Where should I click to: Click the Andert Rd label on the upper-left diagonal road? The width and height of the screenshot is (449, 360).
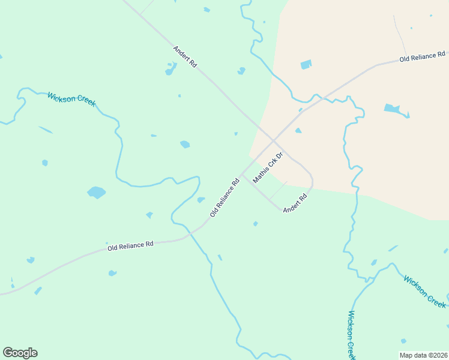click(185, 56)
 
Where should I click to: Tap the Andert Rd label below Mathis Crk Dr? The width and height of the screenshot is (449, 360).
click(295, 202)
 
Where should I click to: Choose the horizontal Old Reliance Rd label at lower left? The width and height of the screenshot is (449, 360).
click(130, 245)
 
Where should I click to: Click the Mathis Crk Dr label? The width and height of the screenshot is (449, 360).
click(267, 168)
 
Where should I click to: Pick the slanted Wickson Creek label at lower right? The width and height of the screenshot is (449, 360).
click(425, 290)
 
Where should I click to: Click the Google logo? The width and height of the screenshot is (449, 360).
click(20, 353)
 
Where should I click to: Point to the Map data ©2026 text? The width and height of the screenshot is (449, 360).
click(423, 355)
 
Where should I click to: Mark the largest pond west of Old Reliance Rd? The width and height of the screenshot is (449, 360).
click(96, 193)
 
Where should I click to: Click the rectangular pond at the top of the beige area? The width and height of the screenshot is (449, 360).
click(306, 64)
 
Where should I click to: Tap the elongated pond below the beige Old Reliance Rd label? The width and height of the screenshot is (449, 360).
click(396, 110)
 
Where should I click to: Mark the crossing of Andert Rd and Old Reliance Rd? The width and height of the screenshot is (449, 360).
click(273, 141)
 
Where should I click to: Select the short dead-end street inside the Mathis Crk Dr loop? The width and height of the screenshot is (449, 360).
click(277, 190)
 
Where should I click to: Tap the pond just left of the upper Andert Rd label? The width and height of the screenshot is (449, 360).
click(171, 70)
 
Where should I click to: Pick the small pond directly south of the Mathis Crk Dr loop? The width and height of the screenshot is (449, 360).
click(256, 224)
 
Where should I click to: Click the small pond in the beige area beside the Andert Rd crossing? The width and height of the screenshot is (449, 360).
click(298, 130)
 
